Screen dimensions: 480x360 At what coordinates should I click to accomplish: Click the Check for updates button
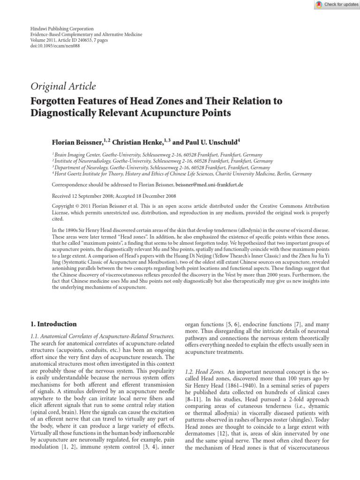coord(337,5)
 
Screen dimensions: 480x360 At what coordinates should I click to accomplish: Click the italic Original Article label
coord(63,86)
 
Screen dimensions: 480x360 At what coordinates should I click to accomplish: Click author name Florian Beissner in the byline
coord(78,142)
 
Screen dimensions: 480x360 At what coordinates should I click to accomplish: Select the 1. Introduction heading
coord(53,324)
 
